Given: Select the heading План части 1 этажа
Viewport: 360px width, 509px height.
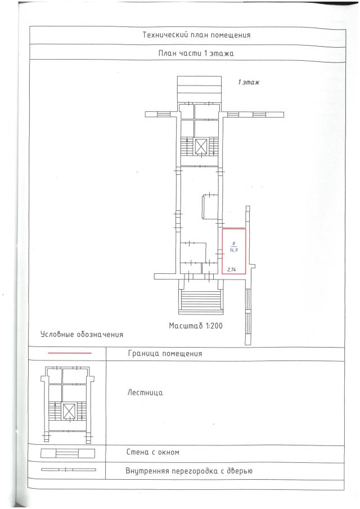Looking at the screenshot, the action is [x=196, y=53].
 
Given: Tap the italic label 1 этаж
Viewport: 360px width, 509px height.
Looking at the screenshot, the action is [x=249, y=82].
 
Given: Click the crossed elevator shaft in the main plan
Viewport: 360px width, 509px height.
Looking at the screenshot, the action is [x=200, y=146].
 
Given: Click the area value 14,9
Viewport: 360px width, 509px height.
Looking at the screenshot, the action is [x=233, y=250].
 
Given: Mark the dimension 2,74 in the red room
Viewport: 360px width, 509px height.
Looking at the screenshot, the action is [x=231, y=269].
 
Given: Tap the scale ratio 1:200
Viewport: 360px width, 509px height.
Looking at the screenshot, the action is [x=214, y=326].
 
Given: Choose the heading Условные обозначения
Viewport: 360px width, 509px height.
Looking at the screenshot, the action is [x=82, y=334].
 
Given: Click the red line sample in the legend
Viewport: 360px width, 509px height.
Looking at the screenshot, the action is [x=69, y=353].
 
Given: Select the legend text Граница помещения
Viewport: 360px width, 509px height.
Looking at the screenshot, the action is [x=165, y=354].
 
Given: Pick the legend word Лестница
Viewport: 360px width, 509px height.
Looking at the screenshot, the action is [x=145, y=393].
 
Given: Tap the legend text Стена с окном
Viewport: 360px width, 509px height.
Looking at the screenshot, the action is [x=152, y=452].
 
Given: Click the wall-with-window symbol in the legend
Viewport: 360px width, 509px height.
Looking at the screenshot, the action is [x=67, y=453].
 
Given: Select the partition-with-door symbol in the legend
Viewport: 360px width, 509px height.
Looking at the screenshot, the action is [x=68, y=470].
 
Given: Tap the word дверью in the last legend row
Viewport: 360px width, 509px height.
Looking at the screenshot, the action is [x=240, y=471].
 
